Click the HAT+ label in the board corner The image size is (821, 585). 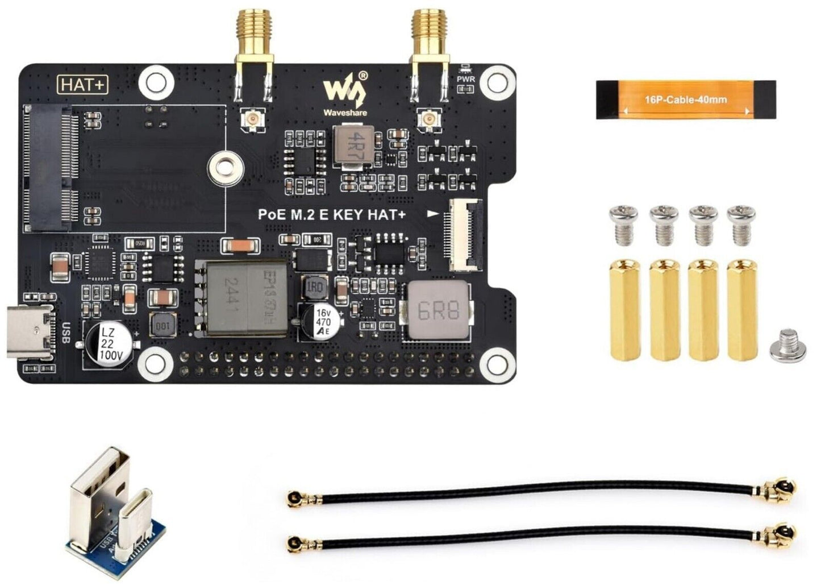(x=83, y=85)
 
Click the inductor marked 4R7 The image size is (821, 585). (x=353, y=147)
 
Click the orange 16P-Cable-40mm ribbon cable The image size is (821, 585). (x=686, y=99)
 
